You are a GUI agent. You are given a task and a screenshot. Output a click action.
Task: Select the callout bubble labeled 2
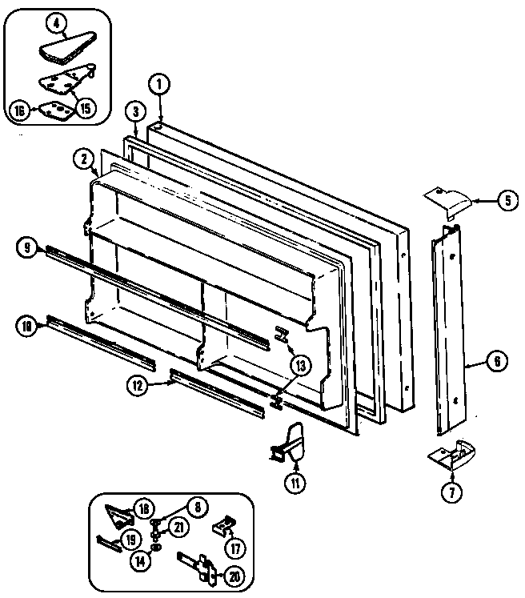[82, 159]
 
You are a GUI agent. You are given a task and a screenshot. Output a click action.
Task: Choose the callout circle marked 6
[495, 362]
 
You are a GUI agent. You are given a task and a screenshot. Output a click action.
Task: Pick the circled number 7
[451, 491]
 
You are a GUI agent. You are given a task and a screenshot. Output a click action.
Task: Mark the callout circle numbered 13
[300, 366]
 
